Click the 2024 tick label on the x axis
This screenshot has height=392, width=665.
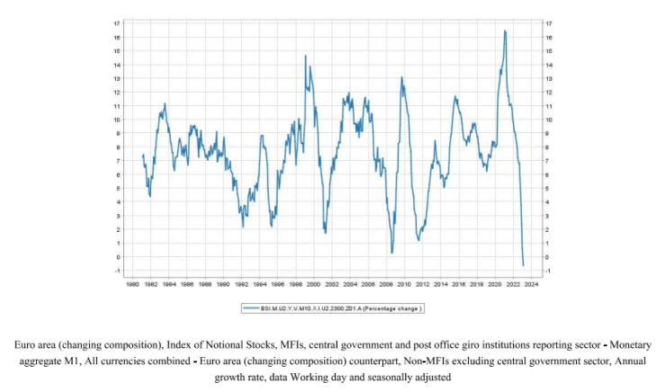coord(531,285)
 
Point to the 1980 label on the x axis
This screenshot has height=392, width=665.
coord(131,285)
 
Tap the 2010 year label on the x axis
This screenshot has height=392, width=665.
coord(404,285)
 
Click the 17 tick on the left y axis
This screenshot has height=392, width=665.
coord(117,23)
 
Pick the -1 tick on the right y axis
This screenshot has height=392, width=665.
coord(547,271)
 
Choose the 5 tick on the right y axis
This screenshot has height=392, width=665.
coord(547,188)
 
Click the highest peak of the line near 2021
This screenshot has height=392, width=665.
coord(505,31)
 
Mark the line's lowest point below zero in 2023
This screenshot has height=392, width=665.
coord(524,265)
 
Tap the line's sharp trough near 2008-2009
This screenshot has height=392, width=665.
coord(392,253)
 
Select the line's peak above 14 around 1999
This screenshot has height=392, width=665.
coord(306,57)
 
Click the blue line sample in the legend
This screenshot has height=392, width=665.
coord(250,308)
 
